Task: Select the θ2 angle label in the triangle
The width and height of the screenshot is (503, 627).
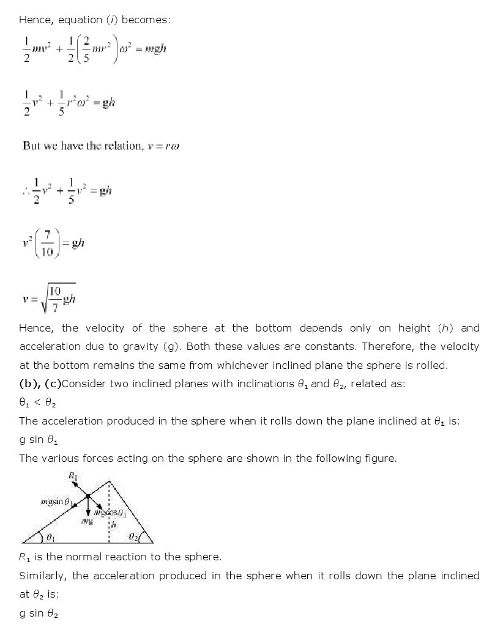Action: (x=133, y=536)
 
